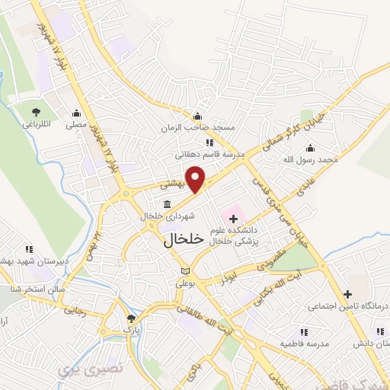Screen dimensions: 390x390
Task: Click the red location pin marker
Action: (197, 179)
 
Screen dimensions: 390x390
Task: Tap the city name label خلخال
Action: (184, 238)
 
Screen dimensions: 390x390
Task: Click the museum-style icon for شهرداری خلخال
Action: (168, 203)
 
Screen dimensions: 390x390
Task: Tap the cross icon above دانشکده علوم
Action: (233, 219)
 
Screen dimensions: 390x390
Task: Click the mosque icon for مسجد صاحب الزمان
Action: (197, 116)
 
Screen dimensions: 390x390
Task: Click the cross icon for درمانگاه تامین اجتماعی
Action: (348, 294)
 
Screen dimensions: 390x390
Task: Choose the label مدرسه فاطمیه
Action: (304, 344)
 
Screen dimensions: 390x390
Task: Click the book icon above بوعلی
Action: (187, 271)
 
